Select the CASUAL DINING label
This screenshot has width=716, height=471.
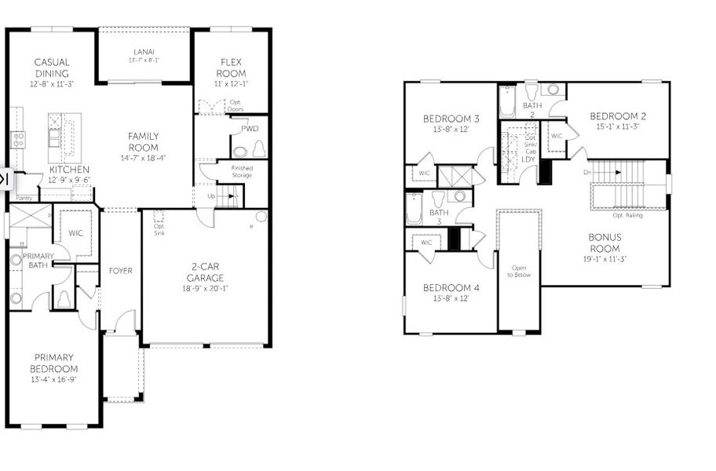(51, 68)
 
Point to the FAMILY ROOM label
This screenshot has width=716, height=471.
(143, 142)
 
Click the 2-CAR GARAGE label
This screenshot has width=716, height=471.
(205, 272)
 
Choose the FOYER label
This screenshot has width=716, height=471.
(120, 272)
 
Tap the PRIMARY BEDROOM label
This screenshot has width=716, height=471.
(53, 363)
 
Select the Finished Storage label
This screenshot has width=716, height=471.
(242, 171)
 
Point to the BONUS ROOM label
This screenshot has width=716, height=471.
(605, 243)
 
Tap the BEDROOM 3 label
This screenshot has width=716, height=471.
(451, 119)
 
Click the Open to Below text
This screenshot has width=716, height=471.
(519, 271)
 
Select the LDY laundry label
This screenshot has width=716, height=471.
(528, 159)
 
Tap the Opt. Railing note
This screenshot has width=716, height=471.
(627, 215)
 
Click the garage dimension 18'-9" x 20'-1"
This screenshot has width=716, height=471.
(205, 288)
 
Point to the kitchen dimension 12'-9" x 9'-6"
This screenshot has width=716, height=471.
(68, 180)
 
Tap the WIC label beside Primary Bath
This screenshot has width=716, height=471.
(75, 233)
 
